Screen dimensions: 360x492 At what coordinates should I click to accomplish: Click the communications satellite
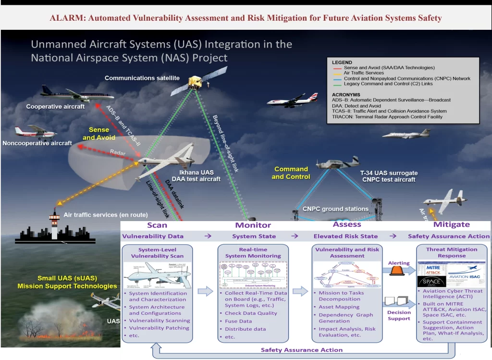coord(197,82)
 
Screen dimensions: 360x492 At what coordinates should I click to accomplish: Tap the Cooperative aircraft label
coord(55,107)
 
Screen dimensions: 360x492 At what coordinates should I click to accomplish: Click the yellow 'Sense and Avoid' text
coord(96,134)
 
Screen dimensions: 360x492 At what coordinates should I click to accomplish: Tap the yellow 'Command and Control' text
coord(291,173)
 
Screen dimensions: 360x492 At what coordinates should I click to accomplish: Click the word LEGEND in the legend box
coord(342,62)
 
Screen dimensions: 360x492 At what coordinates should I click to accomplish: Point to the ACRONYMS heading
coord(346,94)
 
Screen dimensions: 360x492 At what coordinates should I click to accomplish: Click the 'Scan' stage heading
coord(157,225)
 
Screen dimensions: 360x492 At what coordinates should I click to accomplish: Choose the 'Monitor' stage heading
coord(253,225)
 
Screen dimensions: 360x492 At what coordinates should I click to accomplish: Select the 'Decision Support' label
coord(399,315)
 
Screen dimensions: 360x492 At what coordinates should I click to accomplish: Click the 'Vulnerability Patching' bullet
coord(159,328)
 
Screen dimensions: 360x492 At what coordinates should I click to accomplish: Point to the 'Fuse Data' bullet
coord(238,321)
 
